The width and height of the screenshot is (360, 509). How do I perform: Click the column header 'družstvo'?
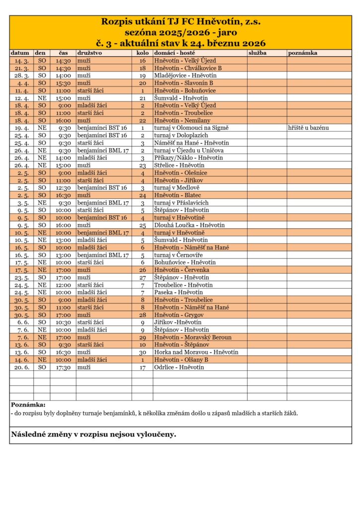click(90, 52)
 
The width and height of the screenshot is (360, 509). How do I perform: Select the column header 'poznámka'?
click(303, 52)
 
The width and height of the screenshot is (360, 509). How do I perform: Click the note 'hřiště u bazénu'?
click(308, 128)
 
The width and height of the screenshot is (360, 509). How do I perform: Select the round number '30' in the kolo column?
click(142, 352)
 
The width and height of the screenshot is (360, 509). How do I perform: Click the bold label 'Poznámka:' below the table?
click(28, 405)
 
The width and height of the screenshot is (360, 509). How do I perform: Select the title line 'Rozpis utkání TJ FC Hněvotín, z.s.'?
click(180, 22)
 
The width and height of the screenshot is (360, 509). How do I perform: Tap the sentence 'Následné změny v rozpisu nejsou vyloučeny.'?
click(93, 434)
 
